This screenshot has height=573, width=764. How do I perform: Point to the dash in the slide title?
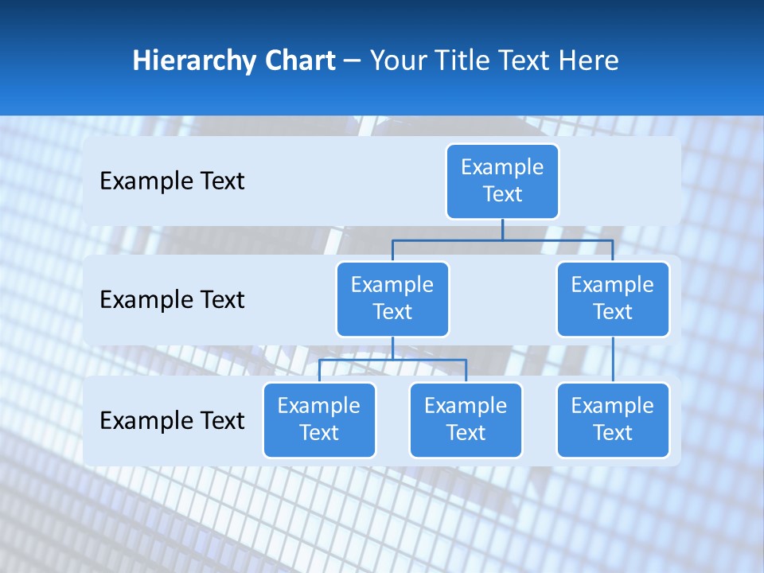(x=352, y=61)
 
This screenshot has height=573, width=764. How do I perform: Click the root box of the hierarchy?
(x=502, y=181)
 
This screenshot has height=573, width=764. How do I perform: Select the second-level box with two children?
(x=392, y=298)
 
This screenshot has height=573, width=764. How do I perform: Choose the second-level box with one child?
(x=613, y=298)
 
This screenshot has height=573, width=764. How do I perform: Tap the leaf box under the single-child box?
(x=613, y=419)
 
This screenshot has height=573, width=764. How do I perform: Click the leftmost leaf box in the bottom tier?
(x=319, y=419)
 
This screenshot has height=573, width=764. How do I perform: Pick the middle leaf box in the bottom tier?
(x=466, y=419)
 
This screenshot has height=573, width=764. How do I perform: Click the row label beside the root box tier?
(x=172, y=181)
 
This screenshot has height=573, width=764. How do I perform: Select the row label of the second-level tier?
(x=172, y=300)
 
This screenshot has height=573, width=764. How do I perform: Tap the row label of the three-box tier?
(x=172, y=421)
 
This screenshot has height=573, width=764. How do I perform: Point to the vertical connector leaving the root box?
(x=502, y=229)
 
